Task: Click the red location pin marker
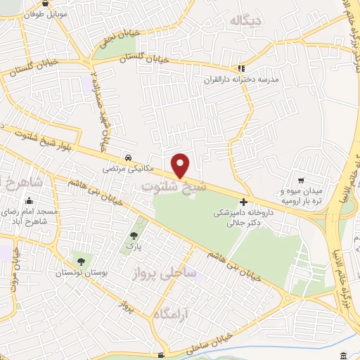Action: (x=181, y=166)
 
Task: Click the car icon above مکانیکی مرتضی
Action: (x=128, y=157)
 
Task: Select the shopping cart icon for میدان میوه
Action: (x=302, y=181)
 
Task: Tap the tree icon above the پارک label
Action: (x=134, y=236)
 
